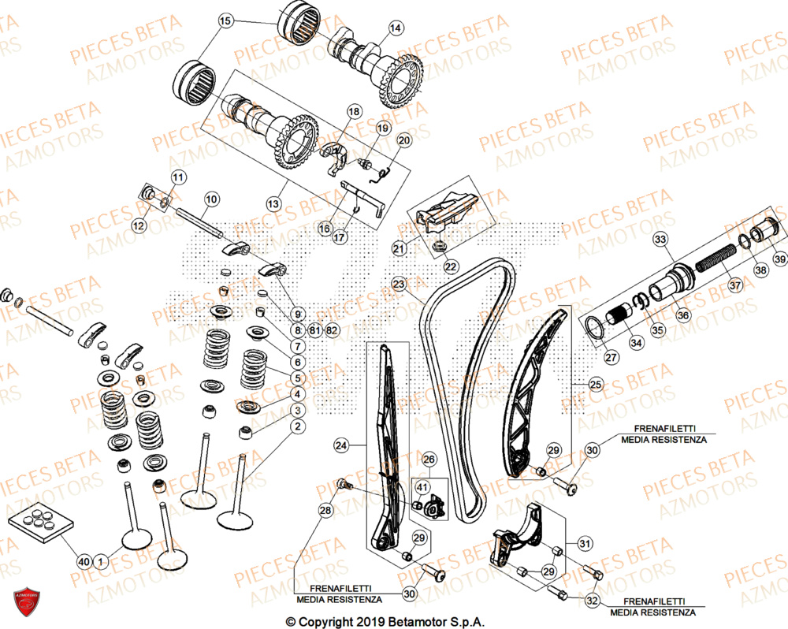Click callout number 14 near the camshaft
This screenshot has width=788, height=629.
pyautogui.click(x=396, y=28)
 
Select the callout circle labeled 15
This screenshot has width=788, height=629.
pyautogui.click(x=225, y=21)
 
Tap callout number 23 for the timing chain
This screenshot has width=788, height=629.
pyautogui.click(x=399, y=284)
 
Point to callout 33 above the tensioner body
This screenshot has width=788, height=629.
pyautogui.click(x=660, y=239)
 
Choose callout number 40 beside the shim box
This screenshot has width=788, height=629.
pyautogui.click(x=84, y=560)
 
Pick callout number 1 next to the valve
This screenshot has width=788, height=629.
pyautogui.click(x=100, y=560)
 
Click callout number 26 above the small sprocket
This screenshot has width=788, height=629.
pyautogui.click(x=429, y=459)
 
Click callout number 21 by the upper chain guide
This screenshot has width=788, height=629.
pyautogui.click(x=399, y=249)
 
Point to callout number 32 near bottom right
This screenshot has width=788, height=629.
pyautogui.click(x=593, y=600)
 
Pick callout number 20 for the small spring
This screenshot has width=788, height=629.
pyautogui.click(x=403, y=141)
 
